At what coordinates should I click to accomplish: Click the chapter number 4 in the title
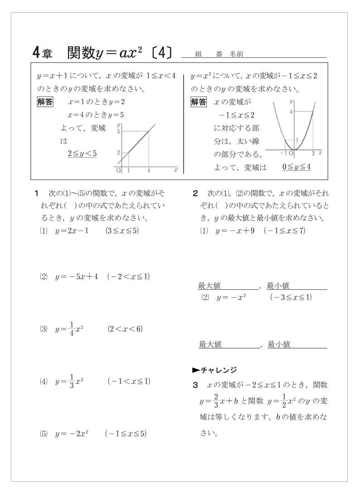coord(37,53)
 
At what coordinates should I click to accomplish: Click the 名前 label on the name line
coord(236,54)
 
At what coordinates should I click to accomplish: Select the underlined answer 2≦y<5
coord(82,154)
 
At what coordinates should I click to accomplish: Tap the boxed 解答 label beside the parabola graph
coord(199,102)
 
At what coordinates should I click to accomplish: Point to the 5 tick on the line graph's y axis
coord(119,132)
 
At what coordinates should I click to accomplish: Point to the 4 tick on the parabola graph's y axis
coord(292,111)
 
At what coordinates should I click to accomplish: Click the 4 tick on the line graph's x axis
coord(149,171)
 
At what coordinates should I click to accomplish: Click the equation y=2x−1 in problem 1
coord(72,231)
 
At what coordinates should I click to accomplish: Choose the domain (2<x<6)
coord(125,329)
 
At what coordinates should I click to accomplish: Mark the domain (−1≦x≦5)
coord(125,433)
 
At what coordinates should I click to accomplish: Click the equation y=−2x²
coord(72,433)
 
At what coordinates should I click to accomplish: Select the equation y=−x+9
coord(235,231)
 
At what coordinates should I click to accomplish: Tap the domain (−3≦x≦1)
coord(290,298)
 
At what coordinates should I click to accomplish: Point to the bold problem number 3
coord(196,385)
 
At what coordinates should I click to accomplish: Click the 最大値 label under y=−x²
coord(210,345)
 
